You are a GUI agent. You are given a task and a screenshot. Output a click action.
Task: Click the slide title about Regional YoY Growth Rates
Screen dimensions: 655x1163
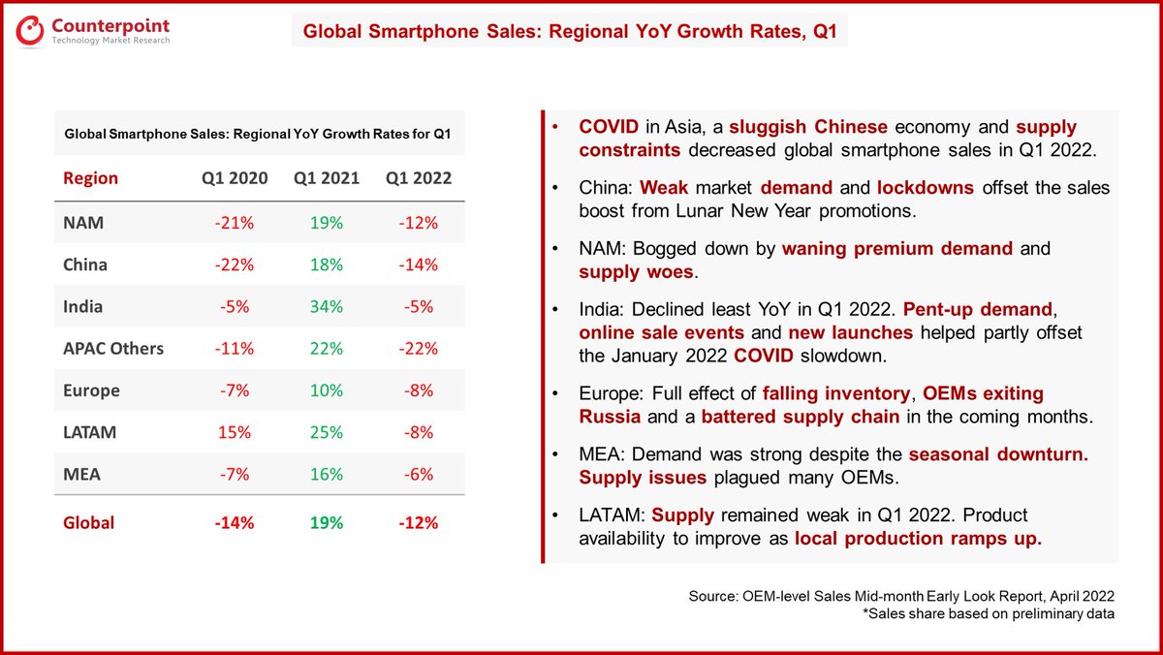click(569, 31)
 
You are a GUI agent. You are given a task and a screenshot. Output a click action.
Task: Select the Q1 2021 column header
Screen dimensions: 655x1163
click(328, 178)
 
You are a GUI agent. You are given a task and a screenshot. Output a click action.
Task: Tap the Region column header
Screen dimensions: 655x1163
click(90, 178)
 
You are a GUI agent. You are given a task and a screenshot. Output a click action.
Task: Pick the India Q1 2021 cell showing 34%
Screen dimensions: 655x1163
click(328, 306)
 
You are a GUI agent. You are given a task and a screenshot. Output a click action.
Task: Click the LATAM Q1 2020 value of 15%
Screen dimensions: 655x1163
click(234, 432)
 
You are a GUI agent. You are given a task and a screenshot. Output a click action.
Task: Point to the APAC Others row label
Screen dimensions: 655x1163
click(113, 349)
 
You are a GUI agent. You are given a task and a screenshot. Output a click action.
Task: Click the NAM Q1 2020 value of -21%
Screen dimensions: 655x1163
click(234, 223)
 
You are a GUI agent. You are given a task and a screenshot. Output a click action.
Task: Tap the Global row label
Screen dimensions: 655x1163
click(88, 522)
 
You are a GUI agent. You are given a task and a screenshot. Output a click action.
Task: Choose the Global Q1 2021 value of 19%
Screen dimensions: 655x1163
click(328, 522)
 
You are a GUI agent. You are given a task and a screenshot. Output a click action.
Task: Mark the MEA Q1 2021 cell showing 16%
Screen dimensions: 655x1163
click(328, 474)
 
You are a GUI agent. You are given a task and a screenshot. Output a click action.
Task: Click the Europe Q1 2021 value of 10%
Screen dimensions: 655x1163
click(328, 390)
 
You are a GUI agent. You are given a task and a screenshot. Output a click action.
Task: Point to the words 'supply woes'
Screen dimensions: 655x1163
click(636, 271)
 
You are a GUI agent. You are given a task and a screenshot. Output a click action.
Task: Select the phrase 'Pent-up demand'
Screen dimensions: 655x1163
click(977, 310)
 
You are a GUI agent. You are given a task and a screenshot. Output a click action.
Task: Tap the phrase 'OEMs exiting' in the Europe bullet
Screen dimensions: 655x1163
click(982, 394)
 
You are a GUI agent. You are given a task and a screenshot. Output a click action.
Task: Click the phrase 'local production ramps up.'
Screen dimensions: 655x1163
click(918, 539)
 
